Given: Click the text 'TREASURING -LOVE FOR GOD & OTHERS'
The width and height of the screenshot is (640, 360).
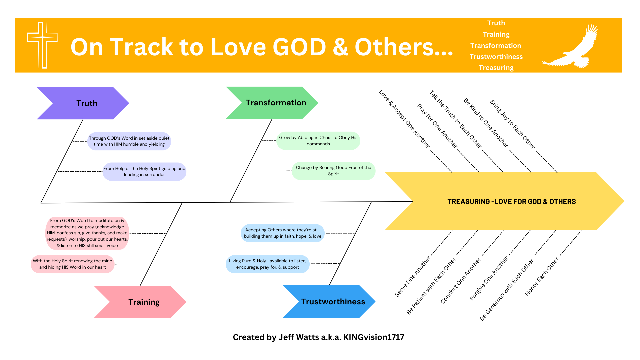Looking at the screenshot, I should [511, 202].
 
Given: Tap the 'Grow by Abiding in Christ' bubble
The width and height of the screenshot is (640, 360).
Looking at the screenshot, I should [318, 141].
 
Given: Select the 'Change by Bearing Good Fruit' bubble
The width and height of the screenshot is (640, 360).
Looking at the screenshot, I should [333, 171].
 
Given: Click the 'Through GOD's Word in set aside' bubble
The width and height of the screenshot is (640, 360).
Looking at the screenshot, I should [129, 141].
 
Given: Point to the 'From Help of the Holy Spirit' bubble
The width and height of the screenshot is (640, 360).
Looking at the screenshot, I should [144, 172].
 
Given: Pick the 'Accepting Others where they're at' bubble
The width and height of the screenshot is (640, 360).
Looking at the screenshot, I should [282, 233].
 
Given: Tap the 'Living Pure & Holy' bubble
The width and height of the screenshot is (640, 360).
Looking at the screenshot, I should [267, 264].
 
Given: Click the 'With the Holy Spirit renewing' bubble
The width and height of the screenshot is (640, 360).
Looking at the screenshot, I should [72, 264].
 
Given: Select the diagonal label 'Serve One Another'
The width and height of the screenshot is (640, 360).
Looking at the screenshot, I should [413, 276].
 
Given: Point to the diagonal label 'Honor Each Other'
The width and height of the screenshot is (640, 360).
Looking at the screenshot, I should [542, 277].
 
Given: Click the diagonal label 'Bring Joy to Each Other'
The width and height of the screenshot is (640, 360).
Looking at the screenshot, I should [512, 124].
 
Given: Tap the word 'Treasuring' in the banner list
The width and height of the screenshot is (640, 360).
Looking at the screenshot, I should [496, 68].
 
